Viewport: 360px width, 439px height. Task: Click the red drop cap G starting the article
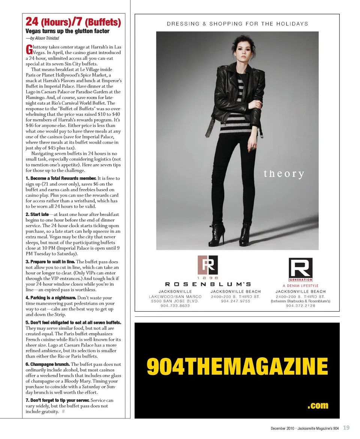pos(28,49)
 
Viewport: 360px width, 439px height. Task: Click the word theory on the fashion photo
pos(283,174)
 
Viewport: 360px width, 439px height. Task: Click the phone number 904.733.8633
pos(175,306)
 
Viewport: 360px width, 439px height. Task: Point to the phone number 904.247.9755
pos(235,301)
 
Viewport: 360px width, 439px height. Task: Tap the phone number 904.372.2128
pos(300,306)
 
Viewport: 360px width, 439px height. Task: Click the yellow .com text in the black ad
pos(318,405)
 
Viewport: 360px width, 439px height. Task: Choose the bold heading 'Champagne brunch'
pos(48,364)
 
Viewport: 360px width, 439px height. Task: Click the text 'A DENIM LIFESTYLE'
pos(300,286)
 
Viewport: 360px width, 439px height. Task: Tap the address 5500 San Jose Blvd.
pos(175,301)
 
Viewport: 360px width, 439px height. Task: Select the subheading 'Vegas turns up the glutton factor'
pos(67,31)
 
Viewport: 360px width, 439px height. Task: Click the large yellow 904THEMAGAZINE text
pos(237,366)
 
